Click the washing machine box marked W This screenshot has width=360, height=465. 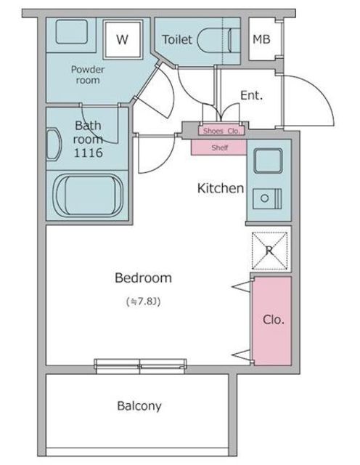[x=123, y=39]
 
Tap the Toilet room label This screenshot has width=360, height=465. [x=177, y=39]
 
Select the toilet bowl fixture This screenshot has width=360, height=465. [x=218, y=41]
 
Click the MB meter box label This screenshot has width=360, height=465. [x=261, y=39]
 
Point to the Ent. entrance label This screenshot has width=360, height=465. [x=252, y=95]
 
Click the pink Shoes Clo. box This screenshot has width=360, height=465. [x=221, y=131]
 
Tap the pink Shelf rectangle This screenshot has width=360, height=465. [x=219, y=147]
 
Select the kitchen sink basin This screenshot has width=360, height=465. [x=268, y=161]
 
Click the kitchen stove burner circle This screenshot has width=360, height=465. [x=265, y=198]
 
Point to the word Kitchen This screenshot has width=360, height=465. [x=221, y=188]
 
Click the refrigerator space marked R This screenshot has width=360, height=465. [x=269, y=251]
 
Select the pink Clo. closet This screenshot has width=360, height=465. [x=273, y=321]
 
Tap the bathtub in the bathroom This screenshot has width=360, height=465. [x=88, y=195]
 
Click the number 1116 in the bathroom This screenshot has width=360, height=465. [x=88, y=153]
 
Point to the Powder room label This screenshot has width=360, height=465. [x=88, y=75]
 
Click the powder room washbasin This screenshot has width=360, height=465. [x=72, y=32]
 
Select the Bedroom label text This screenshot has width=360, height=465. [x=143, y=278]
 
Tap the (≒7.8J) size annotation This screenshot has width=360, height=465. [x=144, y=302]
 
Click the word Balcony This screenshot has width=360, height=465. [x=139, y=406]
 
